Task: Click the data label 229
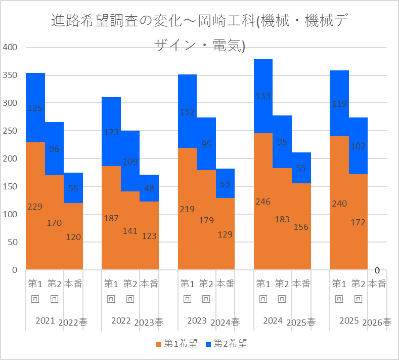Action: [x=35, y=207]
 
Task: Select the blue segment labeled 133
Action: [x=263, y=96]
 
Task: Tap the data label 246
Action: [x=263, y=202]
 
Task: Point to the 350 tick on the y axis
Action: [x=10, y=75]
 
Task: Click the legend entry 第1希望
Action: [x=177, y=343]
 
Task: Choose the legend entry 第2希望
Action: [x=227, y=343]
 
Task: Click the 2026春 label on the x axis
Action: [x=377, y=323]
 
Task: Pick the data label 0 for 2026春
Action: [x=377, y=270]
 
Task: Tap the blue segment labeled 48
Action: [x=149, y=188]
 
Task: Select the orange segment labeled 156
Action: [x=301, y=226]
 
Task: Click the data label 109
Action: [x=130, y=162]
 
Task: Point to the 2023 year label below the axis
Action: [x=197, y=321]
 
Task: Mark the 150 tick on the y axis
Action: [x=10, y=186]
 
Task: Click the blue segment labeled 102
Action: [x=358, y=146]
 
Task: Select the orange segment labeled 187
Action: [x=111, y=218]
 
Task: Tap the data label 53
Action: [x=225, y=184]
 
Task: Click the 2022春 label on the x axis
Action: [x=73, y=323]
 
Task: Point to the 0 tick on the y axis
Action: [x=15, y=270]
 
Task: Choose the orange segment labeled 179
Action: [x=206, y=220]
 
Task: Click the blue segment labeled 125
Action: [x=35, y=108]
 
